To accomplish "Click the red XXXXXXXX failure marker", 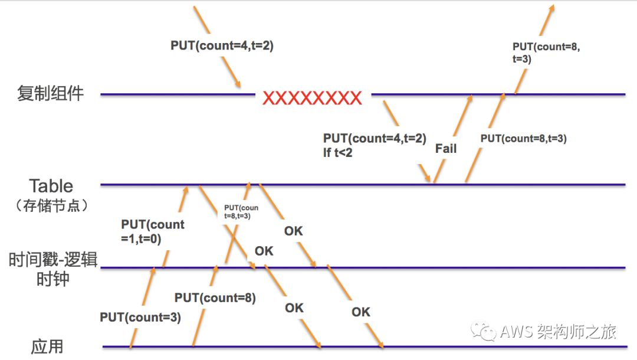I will [312, 98].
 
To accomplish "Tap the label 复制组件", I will [50, 94].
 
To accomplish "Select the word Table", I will [51, 186].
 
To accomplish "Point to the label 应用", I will [47, 346].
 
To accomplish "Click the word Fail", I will [446, 149].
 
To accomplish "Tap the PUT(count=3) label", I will [140, 318].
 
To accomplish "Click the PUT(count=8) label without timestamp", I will [215, 298].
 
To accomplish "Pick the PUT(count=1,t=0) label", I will [153, 231].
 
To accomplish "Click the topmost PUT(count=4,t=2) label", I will [222, 45].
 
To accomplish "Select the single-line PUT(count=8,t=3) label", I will [524, 139].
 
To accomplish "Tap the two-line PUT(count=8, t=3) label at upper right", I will [546, 53].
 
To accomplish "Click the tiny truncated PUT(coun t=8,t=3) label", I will [241, 212].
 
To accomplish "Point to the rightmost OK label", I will [360, 312].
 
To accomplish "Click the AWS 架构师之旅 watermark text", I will [558, 332].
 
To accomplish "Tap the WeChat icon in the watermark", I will [487, 332].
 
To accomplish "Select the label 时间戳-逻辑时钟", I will [52, 269].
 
